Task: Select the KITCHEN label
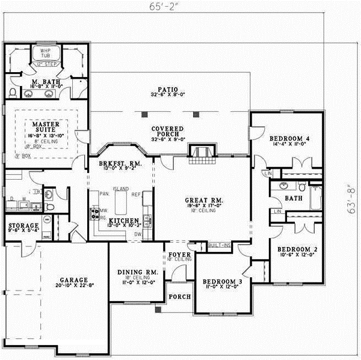click(125, 221)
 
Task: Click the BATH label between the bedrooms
click(293, 197)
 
